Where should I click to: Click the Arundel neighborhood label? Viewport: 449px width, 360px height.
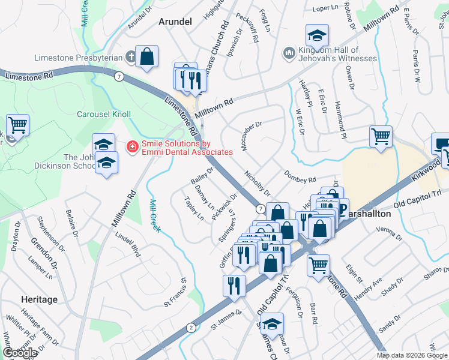click(x=175, y=22)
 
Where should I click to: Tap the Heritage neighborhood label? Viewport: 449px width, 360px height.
click(x=39, y=299)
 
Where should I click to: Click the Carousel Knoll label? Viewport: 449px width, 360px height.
click(x=104, y=113)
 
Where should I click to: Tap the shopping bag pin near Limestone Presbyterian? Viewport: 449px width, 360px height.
click(x=146, y=58)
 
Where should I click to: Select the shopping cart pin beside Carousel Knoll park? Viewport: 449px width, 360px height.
click(x=17, y=125)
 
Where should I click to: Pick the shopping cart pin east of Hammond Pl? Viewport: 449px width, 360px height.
click(x=381, y=137)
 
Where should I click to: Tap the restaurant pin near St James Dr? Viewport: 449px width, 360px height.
click(x=234, y=286)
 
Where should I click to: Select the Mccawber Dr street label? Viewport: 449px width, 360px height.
click(x=252, y=136)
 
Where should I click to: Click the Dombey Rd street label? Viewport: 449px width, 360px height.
click(x=300, y=176)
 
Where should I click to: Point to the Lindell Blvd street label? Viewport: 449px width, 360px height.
click(x=127, y=245)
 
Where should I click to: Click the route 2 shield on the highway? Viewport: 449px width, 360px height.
click(x=191, y=327)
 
